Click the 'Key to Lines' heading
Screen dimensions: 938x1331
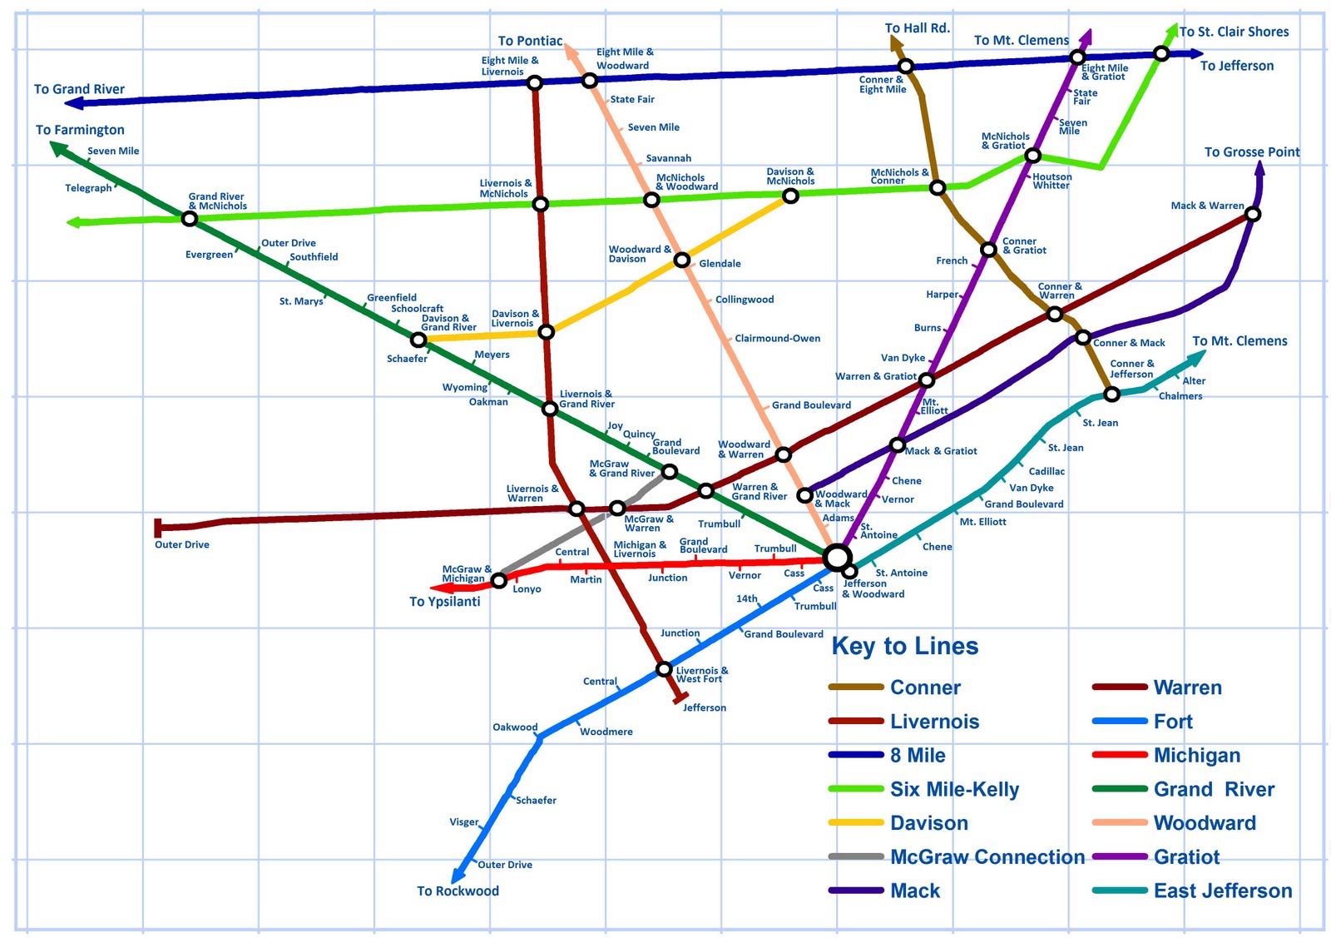(x=904, y=647)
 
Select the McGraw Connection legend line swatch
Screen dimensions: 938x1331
(x=855, y=856)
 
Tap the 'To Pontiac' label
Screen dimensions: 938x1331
(x=530, y=41)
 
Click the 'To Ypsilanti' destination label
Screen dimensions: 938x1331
(x=444, y=602)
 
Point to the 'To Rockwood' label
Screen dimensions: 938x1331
(x=458, y=891)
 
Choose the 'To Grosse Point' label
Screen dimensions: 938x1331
(x=1251, y=152)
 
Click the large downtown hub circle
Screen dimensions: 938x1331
(x=837, y=558)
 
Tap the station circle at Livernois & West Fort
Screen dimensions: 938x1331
(x=664, y=669)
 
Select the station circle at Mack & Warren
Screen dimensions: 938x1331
(x=1253, y=215)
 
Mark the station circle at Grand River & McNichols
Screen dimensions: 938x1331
(x=190, y=219)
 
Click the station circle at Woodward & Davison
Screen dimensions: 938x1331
(x=681, y=261)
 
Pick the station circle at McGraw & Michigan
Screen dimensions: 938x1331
(x=498, y=581)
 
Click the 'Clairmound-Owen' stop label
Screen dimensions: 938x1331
(x=777, y=339)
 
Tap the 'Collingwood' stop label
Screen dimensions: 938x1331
(x=745, y=300)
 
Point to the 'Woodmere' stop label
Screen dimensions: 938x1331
(x=606, y=732)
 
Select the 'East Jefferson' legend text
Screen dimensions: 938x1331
(x=1222, y=891)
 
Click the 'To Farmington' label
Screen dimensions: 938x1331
(x=80, y=130)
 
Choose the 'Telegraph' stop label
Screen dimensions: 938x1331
(x=88, y=188)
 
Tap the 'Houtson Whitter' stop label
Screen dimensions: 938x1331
(x=1051, y=181)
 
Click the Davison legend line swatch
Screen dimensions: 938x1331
(x=855, y=822)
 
